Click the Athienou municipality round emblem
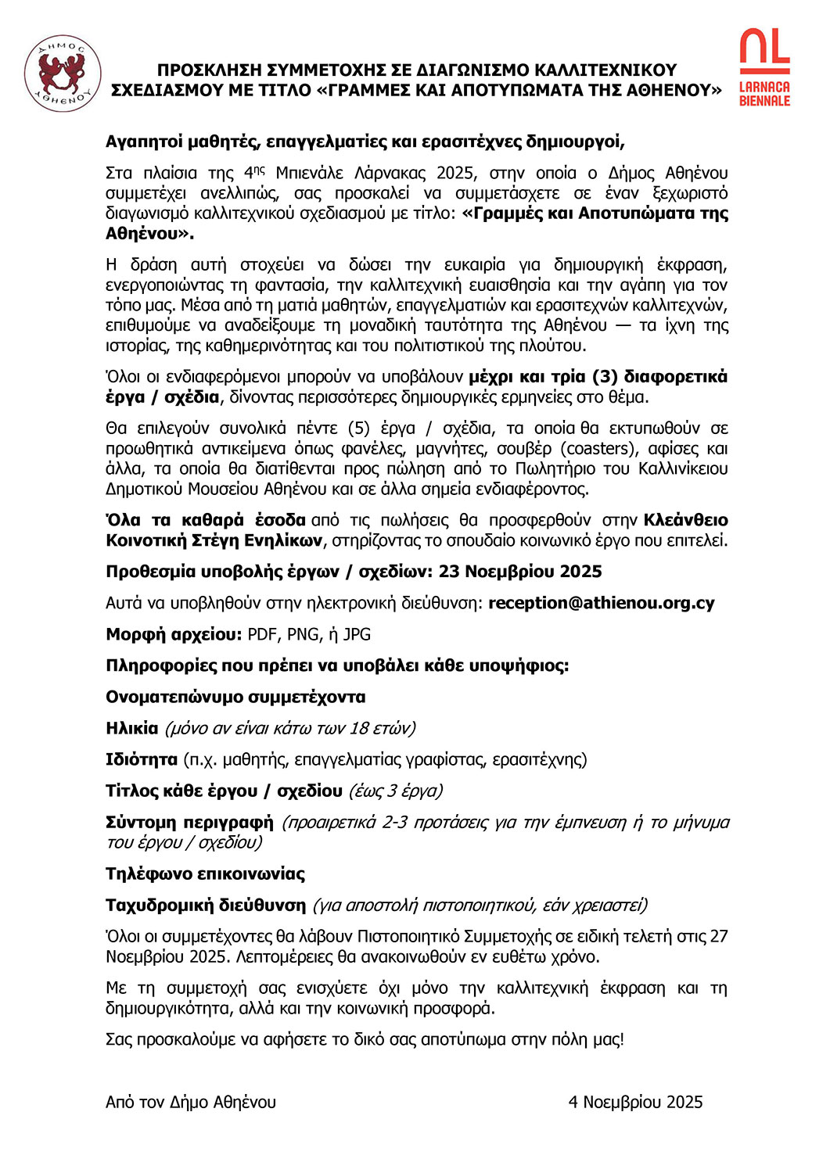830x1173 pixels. pyautogui.click(x=62, y=74)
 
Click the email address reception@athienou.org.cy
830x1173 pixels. pyautogui.click(x=601, y=603)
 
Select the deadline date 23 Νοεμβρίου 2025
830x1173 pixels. pyautogui.click(x=520, y=572)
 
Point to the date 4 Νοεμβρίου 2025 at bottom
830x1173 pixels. pyautogui.click(x=635, y=1102)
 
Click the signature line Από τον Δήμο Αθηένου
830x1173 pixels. pyautogui.click(x=191, y=1102)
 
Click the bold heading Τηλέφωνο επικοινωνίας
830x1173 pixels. pyautogui.click(x=205, y=873)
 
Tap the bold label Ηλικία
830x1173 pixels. pyautogui.click(x=131, y=728)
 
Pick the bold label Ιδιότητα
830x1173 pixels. pyautogui.click(x=142, y=759)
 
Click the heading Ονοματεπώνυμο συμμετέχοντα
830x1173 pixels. pyautogui.click(x=235, y=697)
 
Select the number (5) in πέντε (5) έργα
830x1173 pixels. pyautogui.click(x=358, y=428)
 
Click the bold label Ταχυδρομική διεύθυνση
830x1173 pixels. pyautogui.click(x=206, y=905)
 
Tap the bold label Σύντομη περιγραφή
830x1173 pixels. pyautogui.click(x=189, y=822)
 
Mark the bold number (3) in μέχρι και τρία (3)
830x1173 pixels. pyautogui.click(x=605, y=377)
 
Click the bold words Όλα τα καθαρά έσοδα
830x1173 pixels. pyautogui.click(x=205, y=520)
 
